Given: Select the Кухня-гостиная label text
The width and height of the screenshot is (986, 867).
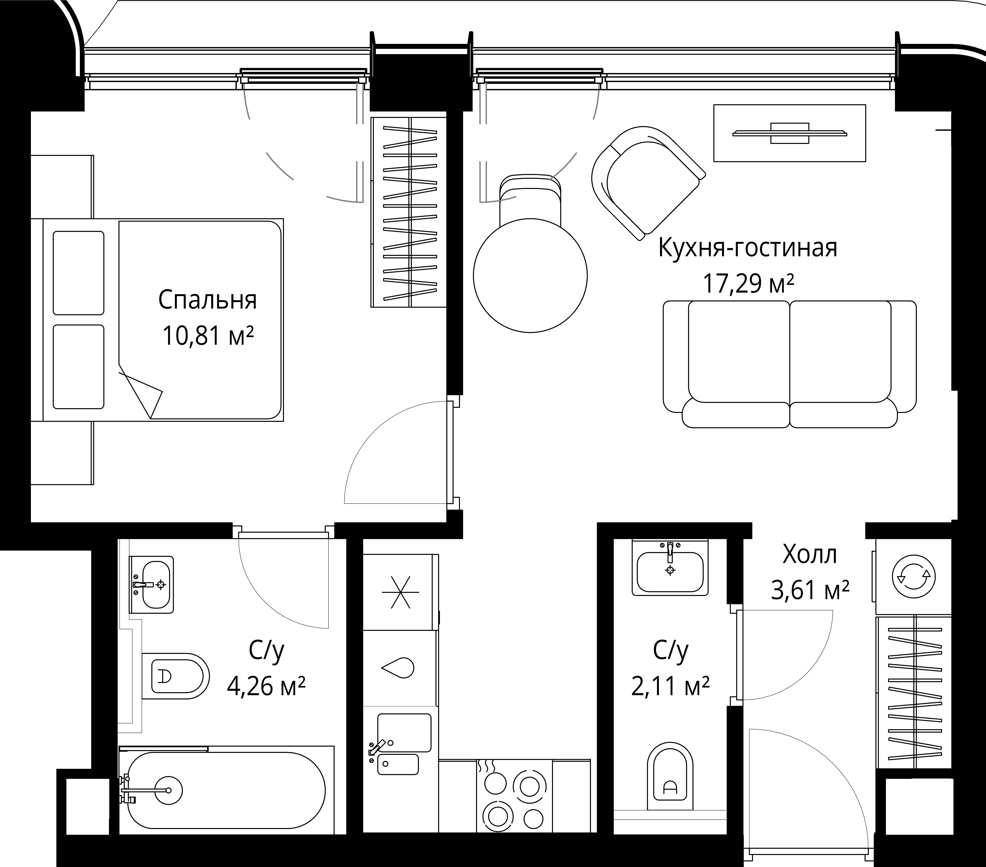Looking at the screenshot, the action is coord(748,248).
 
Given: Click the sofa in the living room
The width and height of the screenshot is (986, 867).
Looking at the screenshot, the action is coord(790,364).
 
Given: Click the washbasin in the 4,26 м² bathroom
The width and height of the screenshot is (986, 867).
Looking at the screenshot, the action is coord(152,585).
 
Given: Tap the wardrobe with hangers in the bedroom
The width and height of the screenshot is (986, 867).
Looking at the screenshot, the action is coord(409,212).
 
